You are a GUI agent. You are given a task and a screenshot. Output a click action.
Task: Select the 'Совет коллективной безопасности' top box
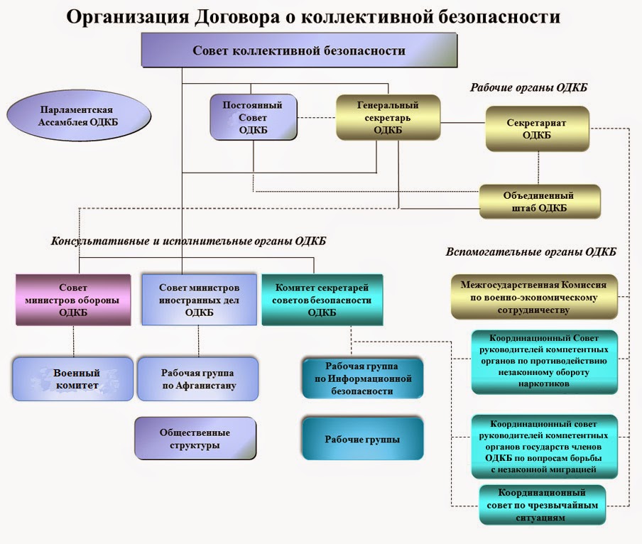click(299, 51)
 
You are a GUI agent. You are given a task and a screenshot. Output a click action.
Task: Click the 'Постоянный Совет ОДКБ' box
click(253, 117)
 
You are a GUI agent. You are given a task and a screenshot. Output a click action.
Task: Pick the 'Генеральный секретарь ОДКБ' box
click(388, 117)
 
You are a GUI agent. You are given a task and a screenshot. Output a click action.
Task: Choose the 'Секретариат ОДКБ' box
click(537, 129)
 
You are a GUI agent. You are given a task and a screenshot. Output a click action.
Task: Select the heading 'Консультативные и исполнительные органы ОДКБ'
click(188, 241)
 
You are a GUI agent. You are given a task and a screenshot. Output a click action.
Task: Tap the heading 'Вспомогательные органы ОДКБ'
click(531, 252)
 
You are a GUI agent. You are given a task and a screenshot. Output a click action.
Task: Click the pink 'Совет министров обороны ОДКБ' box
click(73, 300)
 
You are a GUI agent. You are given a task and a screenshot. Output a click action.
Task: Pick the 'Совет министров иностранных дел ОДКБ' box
click(199, 300)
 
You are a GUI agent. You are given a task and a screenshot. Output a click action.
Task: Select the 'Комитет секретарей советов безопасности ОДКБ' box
click(322, 300)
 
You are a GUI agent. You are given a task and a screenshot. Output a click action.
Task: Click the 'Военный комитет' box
click(73, 379)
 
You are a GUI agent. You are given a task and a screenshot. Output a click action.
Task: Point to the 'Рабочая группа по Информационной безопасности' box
click(362, 378)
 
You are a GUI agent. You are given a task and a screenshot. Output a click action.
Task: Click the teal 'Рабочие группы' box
click(362, 440)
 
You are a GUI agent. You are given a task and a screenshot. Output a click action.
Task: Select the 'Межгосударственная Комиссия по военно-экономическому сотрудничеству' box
click(534, 298)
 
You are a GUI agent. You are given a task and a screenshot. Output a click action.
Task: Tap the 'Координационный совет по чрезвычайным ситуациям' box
click(542, 505)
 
